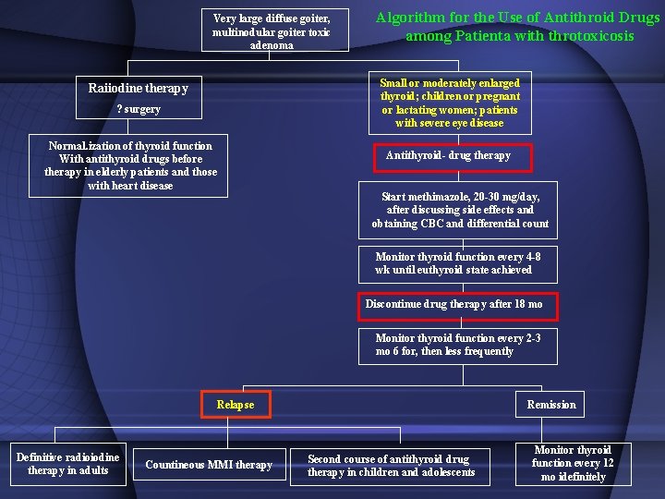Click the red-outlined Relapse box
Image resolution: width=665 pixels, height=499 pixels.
coord(235,405)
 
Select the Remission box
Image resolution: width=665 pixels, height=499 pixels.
coord(551,405)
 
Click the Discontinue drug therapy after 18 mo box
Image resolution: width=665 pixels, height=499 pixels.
coord(453,304)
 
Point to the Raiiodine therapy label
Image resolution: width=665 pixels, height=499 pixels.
coord(138,89)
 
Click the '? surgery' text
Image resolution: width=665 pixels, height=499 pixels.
coord(139,109)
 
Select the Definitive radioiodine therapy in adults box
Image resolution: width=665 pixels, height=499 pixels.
coord(67,464)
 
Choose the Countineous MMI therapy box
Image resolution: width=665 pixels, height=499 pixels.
coord(209,465)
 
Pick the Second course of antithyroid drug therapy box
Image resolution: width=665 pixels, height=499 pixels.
coord(392,466)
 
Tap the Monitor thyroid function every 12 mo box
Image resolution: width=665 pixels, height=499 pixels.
coord(573,464)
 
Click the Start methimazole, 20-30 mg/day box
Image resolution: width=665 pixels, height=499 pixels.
coord(460,210)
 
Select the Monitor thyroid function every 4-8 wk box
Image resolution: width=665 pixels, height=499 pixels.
coord(458,263)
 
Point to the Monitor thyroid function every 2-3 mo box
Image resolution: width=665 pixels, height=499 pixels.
coord(458,345)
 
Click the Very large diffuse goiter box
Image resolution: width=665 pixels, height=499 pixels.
coord(271,31)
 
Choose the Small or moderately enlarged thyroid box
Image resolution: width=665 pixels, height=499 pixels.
coord(450,103)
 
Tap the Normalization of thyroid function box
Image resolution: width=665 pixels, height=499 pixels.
coord(130,165)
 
